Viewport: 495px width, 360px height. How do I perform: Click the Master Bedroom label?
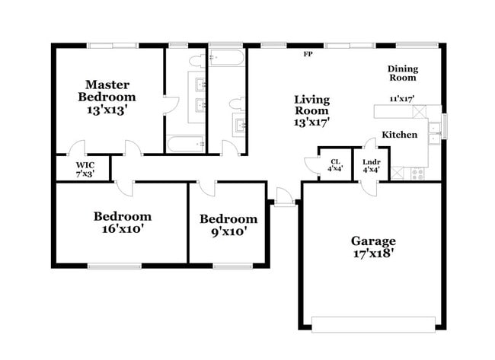click(x=110, y=91)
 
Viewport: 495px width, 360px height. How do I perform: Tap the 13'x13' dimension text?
click(x=110, y=109)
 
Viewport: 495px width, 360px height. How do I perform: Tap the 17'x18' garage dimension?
click(x=372, y=255)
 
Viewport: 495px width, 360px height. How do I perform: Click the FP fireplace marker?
click(x=308, y=55)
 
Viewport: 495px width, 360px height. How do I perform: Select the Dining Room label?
click(x=402, y=73)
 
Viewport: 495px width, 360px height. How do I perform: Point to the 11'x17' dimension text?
click(x=401, y=98)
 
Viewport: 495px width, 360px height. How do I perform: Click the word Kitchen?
click(x=399, y=134)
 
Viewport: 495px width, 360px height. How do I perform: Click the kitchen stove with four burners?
click(x=418, y=173)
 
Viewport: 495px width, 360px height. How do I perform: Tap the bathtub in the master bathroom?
click(x=186, y=143)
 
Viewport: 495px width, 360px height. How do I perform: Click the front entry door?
click(x=284, y=199)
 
